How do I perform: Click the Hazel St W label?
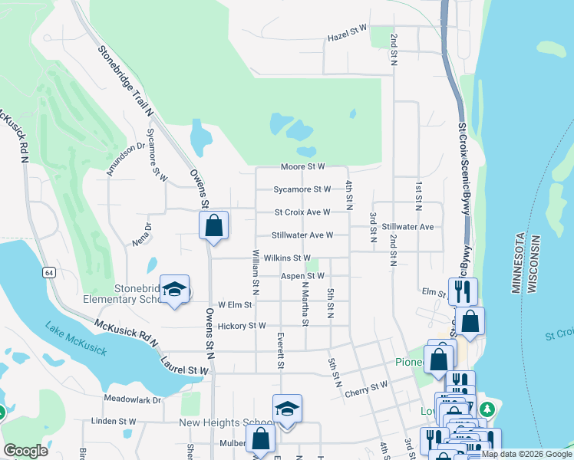pyautogui.click(x=347, y=35)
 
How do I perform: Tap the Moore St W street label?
pyautogui.click(x=303, y=166)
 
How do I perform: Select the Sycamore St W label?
pyautogui.click(x=302, y=189)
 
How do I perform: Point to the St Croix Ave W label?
pyautogui.click(x=302, y=212)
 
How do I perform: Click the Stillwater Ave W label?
pyautogui.click(x=302, y=235)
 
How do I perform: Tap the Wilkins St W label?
pyautogui.click(x=285, y=258)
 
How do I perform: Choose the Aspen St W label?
pyautogui.click(x=302, y=275)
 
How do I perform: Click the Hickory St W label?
pyautogui.click(x=242, y=326)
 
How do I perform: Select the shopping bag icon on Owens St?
pyautogui.click(x=214, y=225)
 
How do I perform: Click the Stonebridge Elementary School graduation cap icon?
pyautogui.click(x=175, y=289)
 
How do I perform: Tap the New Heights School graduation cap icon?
pyautogui.click(x=287, y=408)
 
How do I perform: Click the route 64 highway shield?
pyautogui.click(x=49, y=272)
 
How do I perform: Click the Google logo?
pyautogui.click(x=25, y=451)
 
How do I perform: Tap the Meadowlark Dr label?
pyautogui.click(x=133, y=399)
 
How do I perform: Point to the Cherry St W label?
pyautogui.click(x=367, y=389)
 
